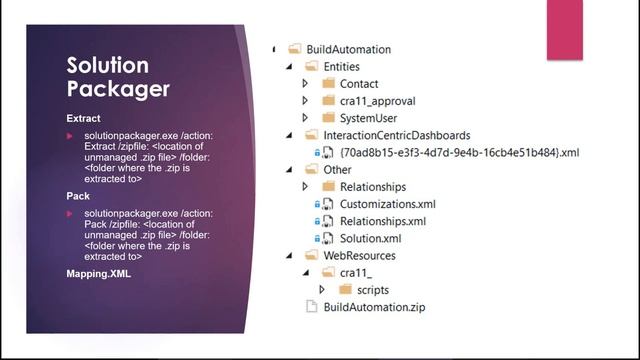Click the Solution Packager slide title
pyautogui.click(x=118, y=77)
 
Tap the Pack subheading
pyautogui.click(x=78, y=196)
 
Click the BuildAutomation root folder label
pyautogui.click(x=349, y=49)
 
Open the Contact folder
pyautogui.click(x=359, y=83)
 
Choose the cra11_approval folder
pyautogui.click(x=377, y=101)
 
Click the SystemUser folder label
pyautogui.click(x=370, y=118)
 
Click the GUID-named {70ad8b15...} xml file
pyautogui.click(x=459, y=152)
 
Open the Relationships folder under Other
pyautogui.click(x=372, y=186)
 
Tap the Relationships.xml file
pyautogui.click(x=382, y=221)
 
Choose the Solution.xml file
pyautogui.click(x=370, y=238)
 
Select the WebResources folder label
pyautogui.click(x=360, y=255)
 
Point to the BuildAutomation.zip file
pyautogui.click(x=374, y=307)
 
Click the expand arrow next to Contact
pyautogui.click(x=306, y=83)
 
